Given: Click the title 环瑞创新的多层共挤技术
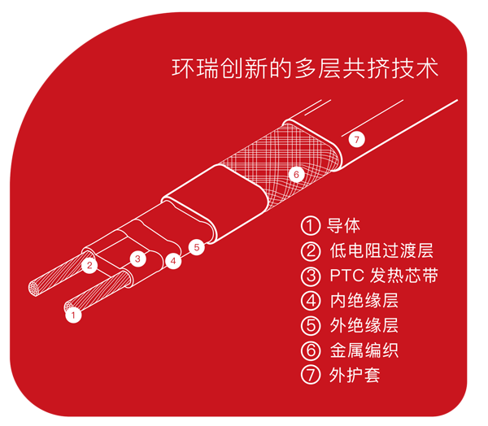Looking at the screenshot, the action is coord(305,67).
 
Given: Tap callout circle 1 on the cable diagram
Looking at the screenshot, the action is coord(73,315).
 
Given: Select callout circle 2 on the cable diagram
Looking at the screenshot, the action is coord(89,265).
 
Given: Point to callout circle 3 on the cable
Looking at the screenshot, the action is coord(138,259).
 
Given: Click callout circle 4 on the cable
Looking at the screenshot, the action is coord(173,261).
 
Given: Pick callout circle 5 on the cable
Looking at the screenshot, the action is coord(197,247).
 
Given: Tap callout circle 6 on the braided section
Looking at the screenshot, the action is coord(296,174).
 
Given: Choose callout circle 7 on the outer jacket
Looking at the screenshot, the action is coord(357,139).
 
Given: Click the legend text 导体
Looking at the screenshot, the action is coord(343,226).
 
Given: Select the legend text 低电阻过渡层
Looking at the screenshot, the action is coord(381,250).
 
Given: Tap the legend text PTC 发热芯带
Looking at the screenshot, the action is coord(384,276).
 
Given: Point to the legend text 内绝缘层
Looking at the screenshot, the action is coord(364,300).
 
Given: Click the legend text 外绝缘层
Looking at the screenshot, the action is coord(364,325).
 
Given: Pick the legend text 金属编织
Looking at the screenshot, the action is coord(364,350).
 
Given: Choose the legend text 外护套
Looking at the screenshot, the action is coord(355,375).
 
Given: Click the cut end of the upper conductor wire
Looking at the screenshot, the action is coord(34,288).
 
